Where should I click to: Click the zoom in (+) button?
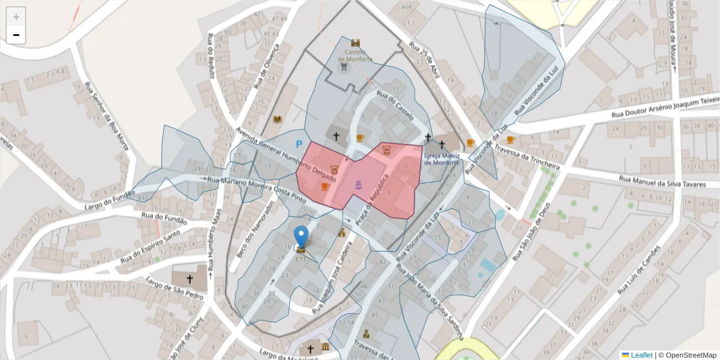[x=16, y=17]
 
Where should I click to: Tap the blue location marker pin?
[x=301, y=237]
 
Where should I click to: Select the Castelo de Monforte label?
[x=355, y=56]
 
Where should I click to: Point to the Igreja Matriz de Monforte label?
[x=442, y=158]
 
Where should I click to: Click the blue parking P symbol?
[x=298, y=144]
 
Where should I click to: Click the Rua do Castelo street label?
[x=395, y=104]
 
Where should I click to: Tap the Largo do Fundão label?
[x=109, y=193]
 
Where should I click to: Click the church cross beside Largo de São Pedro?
[x=190, y=279]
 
